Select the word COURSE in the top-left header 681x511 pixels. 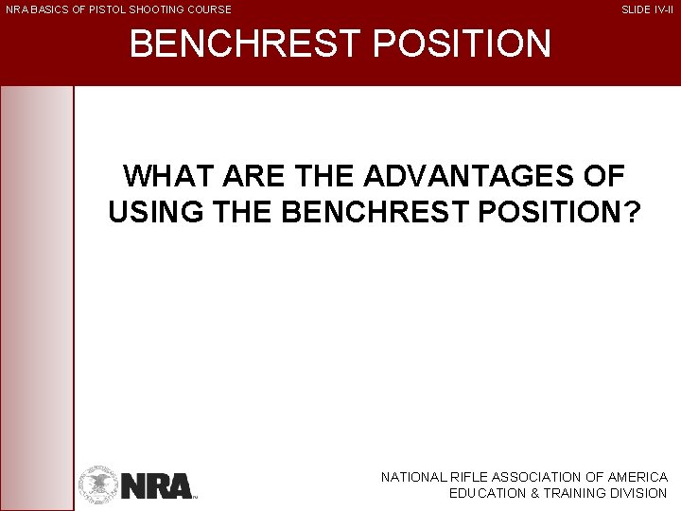pyautogui.click(x=210, y=9)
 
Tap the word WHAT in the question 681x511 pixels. pyautogui.click(x=167, y=176)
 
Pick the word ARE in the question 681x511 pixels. pyautogui.click(x=251, y=176)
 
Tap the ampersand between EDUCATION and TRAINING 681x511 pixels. pyautogui.click(x=530, y=493)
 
